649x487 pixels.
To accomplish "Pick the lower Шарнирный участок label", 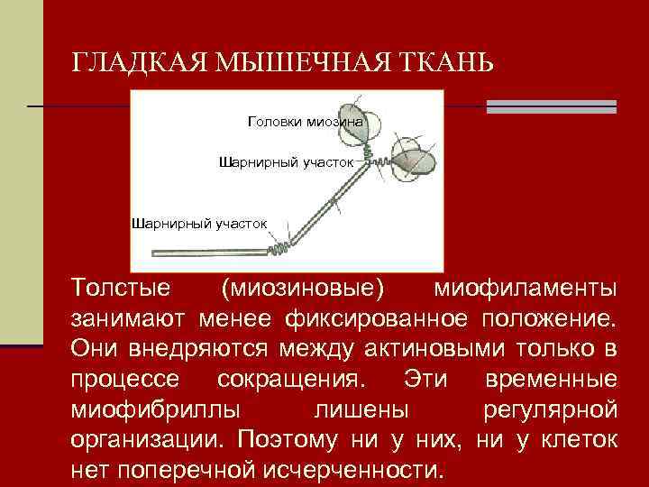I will pyautogui.click(x=199, y=223).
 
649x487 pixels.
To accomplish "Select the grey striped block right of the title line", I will pyautogui.click(x=551, y=106).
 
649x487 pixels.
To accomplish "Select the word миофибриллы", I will pyautogui.click(x=154, y=409).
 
